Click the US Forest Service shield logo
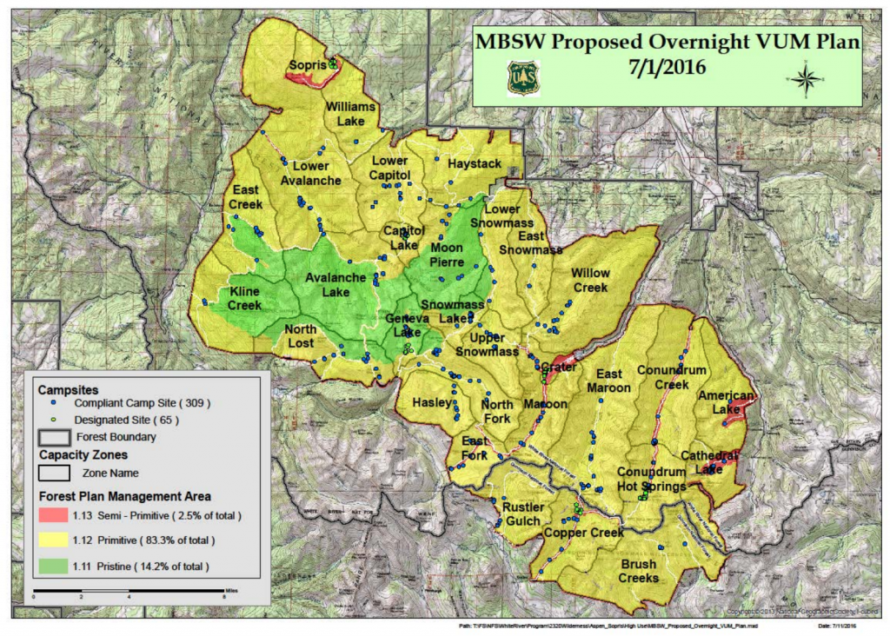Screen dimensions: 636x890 pos(523,76)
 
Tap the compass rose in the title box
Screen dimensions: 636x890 pos(806,81)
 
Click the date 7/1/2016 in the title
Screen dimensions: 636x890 pos(667,65)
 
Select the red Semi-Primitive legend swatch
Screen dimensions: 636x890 pos(54,516)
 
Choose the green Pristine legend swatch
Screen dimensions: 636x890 pos(54,566)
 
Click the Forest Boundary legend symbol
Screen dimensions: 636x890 pos(54,437)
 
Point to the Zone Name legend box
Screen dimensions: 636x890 pos(54,473)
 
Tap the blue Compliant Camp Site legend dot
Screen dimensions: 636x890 pos(54,403)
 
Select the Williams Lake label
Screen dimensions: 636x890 pos(351,113)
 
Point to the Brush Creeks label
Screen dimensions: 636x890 pos(639,571)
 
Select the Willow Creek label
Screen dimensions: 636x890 pos(590,280)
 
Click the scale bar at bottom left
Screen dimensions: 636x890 pos(130,592)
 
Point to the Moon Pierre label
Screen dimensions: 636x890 pos(447,254)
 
